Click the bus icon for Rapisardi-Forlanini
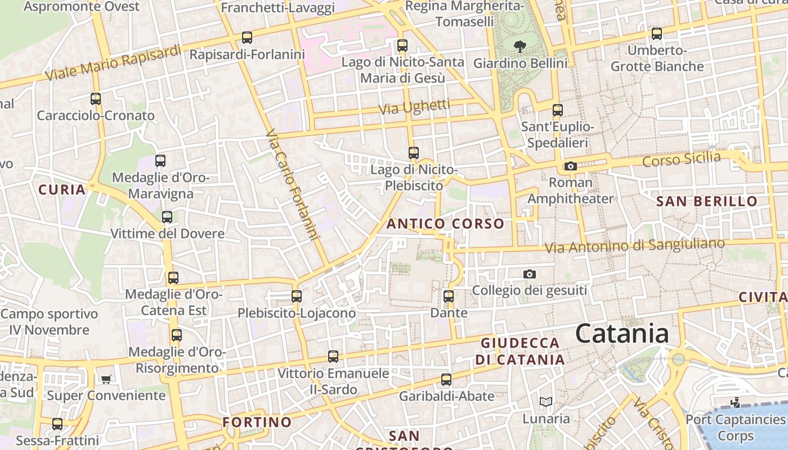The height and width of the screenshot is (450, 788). coord(247,38)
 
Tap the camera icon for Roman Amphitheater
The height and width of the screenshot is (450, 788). coord(570,166)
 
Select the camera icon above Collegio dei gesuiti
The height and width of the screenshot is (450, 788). coord(529,274)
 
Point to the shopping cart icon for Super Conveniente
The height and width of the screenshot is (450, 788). coord(106,379)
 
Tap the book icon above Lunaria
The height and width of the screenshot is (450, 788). coord(545,402)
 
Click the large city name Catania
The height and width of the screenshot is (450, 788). coord(622,333)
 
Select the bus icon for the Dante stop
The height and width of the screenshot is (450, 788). coord(448,296)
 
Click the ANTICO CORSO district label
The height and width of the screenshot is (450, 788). coord(445,223)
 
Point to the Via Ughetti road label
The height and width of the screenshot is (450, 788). coord(414,107)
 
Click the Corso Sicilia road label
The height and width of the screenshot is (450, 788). coord(681,159)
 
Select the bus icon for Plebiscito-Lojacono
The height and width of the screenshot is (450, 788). coord(296,296)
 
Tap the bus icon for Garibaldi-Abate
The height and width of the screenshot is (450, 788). coord(446,380)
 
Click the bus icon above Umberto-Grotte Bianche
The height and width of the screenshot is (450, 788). coord(656,34)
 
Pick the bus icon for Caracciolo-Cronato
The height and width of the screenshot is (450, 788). coord(96,99)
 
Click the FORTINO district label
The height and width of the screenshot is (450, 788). coord(257,422)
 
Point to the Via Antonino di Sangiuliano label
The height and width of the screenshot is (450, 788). coord(634,246)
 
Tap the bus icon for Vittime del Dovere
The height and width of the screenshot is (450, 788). coord(167,217)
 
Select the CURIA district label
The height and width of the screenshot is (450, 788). coord(62,190)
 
